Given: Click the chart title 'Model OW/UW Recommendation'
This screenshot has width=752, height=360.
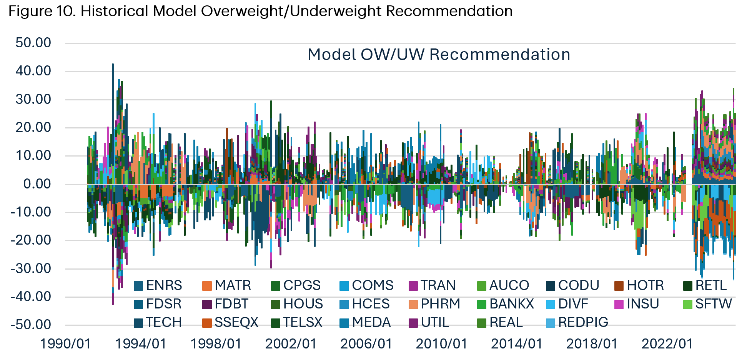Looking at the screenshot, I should [x=439, y=55].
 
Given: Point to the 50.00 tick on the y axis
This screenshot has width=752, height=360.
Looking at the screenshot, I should [x=33, y=43].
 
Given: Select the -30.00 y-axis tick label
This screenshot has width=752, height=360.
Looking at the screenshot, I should [x=31, y=268].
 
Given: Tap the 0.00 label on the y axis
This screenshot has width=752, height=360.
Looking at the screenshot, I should [x=37, y=184].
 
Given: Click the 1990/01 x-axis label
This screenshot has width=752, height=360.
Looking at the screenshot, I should [x=65, y=343].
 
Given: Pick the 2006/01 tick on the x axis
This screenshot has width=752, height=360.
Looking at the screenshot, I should [x=366, y=343].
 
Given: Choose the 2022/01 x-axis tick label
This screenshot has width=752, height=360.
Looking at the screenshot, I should [x=667, y=343].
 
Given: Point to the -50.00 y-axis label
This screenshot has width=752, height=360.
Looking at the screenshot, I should [x=31, y=325].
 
